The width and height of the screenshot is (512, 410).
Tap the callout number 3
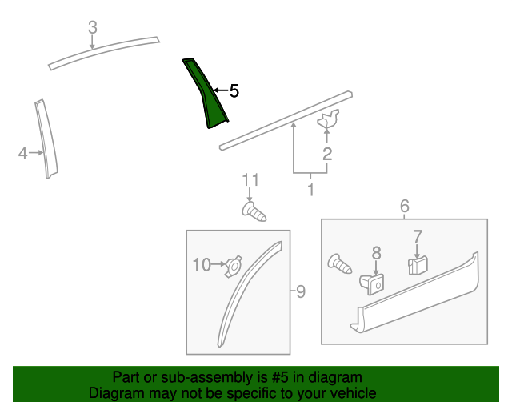[93, 27]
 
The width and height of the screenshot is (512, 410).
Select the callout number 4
[22, 153]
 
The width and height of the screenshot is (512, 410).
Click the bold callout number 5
[234, 90]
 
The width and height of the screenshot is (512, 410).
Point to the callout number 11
[250, 180]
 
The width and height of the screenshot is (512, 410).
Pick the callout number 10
[202, 264]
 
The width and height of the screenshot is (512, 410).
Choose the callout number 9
[301, 291]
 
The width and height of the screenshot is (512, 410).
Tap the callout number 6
[405, 206]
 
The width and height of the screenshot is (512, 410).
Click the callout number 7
[418, 236]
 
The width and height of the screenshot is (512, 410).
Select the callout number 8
[377, 253]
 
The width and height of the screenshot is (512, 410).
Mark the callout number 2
[327, 154]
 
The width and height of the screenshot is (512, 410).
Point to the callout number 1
[311, 189]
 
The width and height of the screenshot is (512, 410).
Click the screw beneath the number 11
[254, 212]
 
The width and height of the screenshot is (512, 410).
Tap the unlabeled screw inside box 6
[339, 263]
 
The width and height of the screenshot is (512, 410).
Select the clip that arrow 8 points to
[372, 283]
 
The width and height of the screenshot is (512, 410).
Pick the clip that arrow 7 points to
[418, 265]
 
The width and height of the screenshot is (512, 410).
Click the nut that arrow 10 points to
[233, 266]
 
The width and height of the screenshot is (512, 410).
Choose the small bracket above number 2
[328, 119]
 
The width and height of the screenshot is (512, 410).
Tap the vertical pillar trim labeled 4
[46, 139]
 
